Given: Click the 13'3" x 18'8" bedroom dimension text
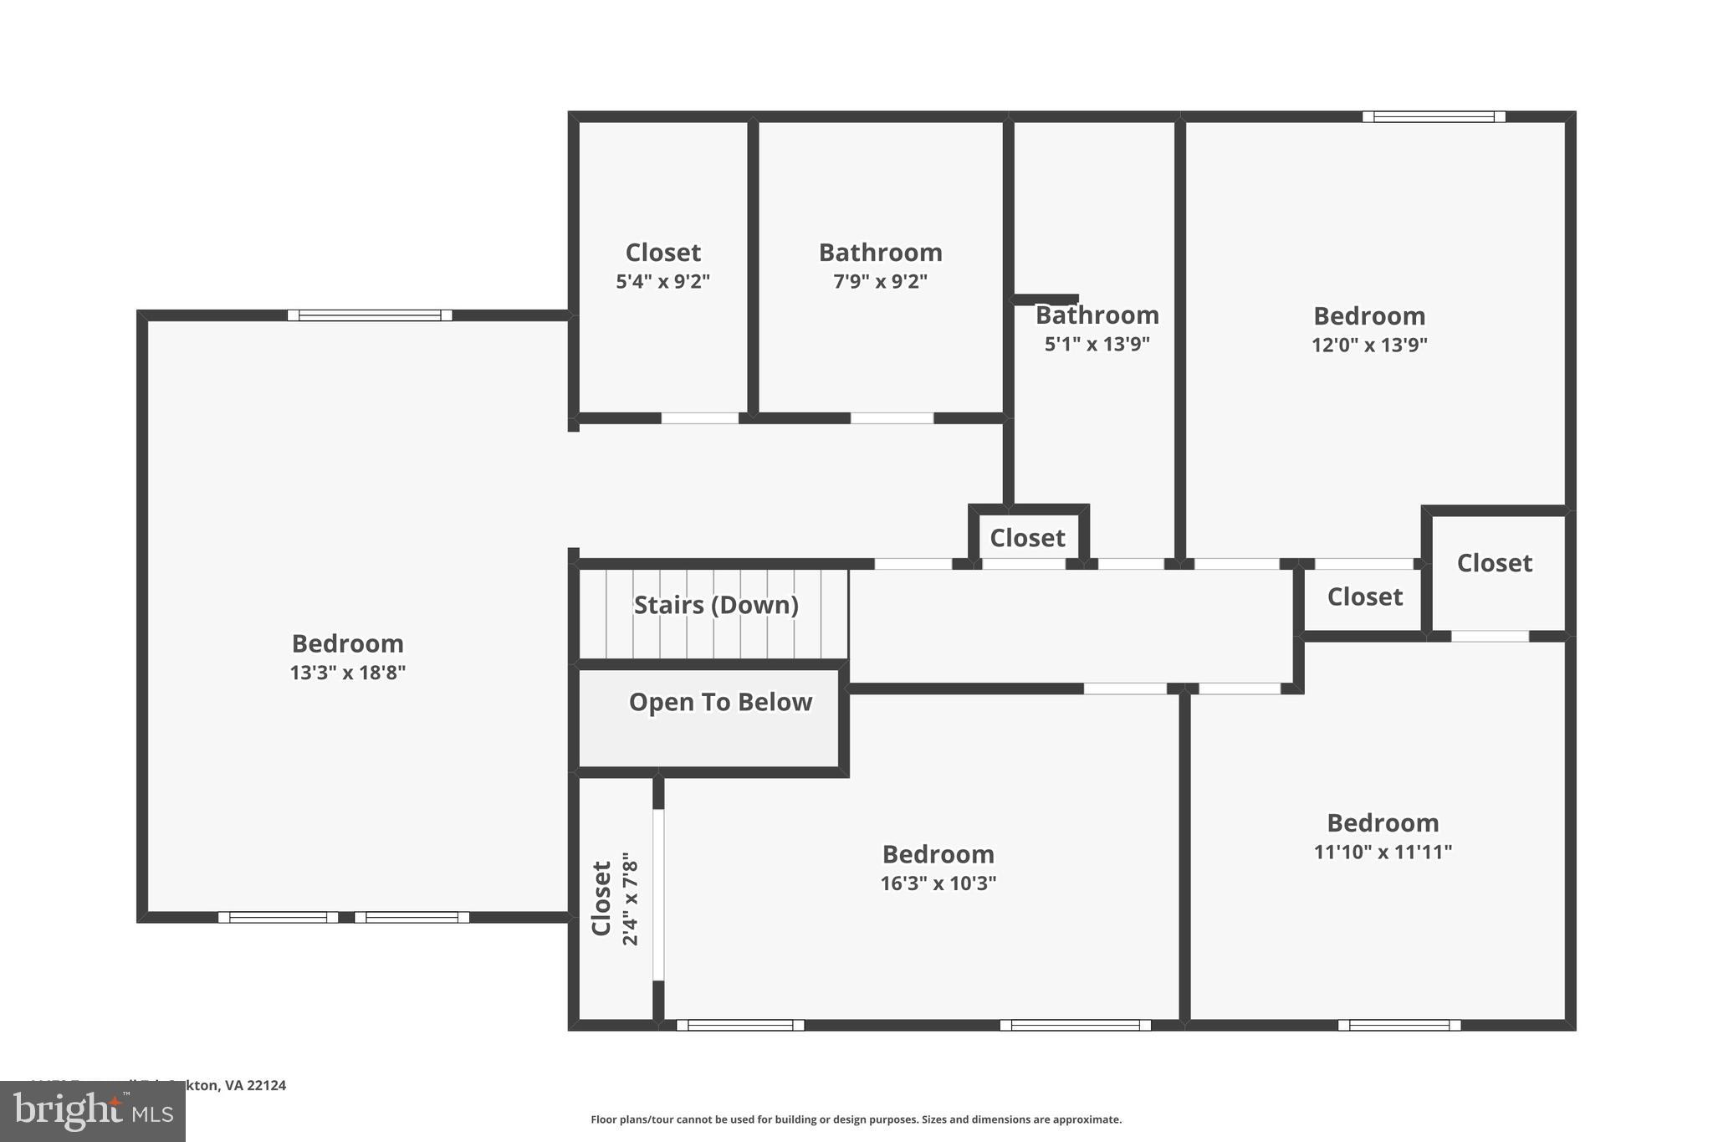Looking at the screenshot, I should [347, 673].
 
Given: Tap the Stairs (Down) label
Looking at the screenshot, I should [716, 605].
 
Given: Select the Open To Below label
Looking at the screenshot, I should [720, 702].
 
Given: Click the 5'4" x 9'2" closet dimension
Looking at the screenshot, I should [662, 281].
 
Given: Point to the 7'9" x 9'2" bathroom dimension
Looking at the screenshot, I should [880, 281].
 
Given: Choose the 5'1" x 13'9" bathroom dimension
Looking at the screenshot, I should [1097, 344].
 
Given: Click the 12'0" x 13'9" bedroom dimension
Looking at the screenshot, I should [1368, 345].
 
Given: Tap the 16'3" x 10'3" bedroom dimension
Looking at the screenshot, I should [938, 883].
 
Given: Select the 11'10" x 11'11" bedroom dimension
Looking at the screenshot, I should [1382, 852].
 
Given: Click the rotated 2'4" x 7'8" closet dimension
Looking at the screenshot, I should [631, 899].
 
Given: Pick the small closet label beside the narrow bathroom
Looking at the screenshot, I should [1027, 538].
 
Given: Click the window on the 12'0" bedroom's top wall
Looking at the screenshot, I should [1434, 117].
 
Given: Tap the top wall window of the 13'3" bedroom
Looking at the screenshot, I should [370, 315].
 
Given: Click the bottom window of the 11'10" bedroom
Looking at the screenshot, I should [1399, 1025].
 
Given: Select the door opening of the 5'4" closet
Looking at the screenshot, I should [700, 417].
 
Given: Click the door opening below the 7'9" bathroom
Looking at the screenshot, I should [892, 417].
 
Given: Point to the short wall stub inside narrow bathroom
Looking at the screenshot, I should [1046, 299].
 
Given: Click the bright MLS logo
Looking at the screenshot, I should [93, 1112].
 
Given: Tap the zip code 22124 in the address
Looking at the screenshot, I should [267, 1085].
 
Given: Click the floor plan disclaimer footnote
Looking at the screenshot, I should [856, 1119].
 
